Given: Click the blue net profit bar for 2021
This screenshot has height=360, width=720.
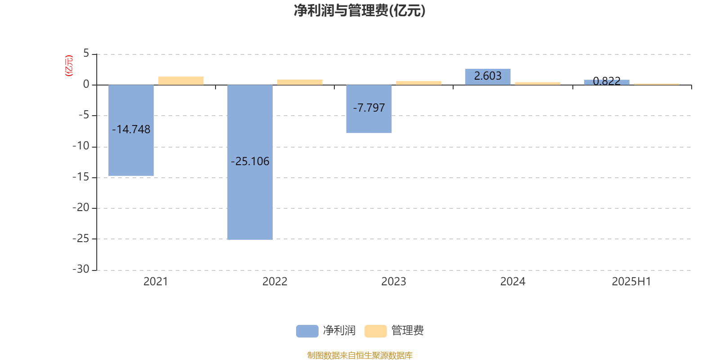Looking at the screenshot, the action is (x=131, y=130).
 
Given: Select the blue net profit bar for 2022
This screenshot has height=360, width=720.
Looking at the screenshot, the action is (x=250, y=162).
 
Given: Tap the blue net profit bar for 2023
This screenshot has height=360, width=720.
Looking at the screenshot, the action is (x=369, y=108).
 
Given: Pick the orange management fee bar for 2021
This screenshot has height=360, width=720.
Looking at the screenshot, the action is (x=181, y=81).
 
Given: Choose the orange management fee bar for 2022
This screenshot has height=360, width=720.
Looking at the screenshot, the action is (x=300, y=82).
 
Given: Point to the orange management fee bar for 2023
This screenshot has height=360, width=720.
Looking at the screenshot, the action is (x=419, y=83).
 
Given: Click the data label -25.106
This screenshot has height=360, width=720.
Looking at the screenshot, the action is (x=250, y=162).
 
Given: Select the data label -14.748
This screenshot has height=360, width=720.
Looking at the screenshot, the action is (x=131, y=129).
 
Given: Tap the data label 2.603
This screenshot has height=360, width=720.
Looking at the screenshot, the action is (x=488, y=76).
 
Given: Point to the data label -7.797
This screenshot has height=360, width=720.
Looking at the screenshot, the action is (x=369, y=108).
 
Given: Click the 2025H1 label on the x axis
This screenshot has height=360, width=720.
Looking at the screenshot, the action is (x=631, y=282).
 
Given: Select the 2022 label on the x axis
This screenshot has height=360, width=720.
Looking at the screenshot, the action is (x=275, y=282).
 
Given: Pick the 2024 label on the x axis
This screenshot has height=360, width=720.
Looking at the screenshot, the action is (x=513, y=282).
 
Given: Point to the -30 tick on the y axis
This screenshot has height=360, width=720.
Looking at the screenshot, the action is (x=81, y=269).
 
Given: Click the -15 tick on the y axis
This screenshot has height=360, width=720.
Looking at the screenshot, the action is (x=81, y=177).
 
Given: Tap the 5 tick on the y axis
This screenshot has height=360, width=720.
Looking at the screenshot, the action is (x=86, y=53).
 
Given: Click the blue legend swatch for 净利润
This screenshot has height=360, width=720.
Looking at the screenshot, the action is (x=307, y=331).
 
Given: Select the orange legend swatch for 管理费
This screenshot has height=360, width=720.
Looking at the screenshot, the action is (x=376, y=331).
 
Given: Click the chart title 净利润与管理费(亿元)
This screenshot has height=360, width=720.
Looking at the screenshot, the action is (x=360, y=11).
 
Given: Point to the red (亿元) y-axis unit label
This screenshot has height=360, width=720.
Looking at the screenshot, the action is (x=69, y=66).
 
